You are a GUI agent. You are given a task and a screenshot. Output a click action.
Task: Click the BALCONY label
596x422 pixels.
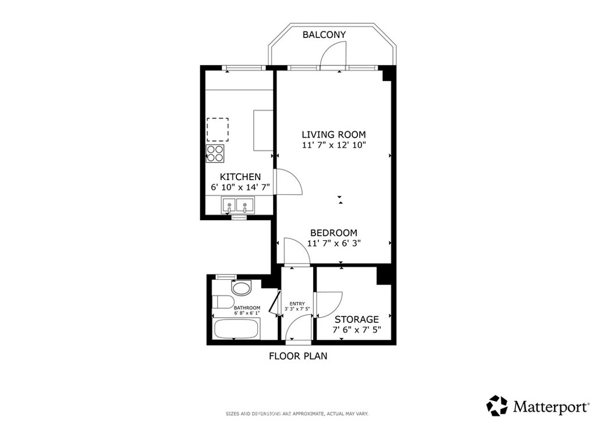(324, 34)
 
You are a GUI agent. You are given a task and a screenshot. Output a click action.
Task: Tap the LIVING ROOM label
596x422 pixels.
(334, 134)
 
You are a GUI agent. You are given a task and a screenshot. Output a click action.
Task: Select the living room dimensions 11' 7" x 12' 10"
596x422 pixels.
(334, 145)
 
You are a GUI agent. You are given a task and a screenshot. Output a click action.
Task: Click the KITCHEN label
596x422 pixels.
(240, 177)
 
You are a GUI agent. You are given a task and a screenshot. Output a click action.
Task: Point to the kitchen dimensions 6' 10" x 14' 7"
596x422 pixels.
(240, 187)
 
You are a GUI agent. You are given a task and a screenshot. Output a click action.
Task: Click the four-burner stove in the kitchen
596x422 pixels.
(215, 153)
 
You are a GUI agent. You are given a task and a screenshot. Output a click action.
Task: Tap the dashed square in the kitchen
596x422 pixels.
(218, 129)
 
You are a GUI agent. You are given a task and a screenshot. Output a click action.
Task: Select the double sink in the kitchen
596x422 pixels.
(237, 205)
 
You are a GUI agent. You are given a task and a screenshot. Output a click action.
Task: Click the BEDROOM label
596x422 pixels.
(334, 233)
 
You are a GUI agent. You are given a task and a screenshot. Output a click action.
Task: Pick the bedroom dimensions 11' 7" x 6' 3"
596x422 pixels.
(334, 243)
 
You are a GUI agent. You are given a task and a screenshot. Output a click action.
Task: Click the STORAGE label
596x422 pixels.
(357, 319)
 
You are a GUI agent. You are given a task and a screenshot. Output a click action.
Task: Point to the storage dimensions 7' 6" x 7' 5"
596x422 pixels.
(357, 329)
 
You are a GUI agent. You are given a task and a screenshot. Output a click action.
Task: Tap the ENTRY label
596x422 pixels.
(297, 304)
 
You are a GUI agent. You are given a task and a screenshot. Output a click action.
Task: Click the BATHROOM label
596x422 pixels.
(247, 308)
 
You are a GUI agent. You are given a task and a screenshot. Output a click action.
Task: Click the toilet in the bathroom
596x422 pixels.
(222, 302)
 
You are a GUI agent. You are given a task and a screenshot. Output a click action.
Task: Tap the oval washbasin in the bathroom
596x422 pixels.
(242, 288)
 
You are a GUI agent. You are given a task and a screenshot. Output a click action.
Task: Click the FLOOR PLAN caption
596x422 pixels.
(298, 356)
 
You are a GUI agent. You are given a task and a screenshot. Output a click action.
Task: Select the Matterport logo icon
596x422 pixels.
(498, 406)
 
